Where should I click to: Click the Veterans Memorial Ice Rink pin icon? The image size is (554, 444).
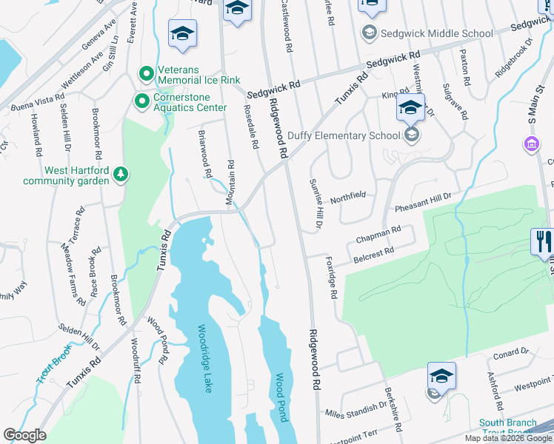point(146,74)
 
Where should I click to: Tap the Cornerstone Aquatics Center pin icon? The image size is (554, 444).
point(140,99)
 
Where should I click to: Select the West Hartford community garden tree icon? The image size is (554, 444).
point(120,175)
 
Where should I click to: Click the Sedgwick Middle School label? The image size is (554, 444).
point(436,33)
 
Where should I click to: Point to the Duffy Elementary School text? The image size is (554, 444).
point(347,135)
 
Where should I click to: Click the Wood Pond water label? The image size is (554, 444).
point(281,397)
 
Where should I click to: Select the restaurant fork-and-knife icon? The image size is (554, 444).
point(542,240)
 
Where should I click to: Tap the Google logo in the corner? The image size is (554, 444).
point(24,435)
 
